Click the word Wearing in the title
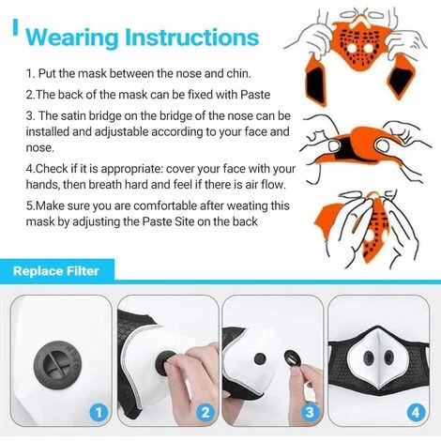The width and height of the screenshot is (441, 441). pos(72,38)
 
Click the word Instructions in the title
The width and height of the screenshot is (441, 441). pos(192,38)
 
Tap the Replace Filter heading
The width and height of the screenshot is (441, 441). pos(56,271)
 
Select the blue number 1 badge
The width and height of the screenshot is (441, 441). pos(99,412)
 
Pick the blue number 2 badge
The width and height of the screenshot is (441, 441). pos(205,412)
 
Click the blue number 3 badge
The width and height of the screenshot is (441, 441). pos(310,412)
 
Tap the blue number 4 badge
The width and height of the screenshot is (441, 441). pos(416,412)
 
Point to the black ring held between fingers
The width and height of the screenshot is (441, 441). pos(293,358)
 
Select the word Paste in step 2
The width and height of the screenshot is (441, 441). pos(255,95)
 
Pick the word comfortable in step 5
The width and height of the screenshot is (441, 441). pos(165,205)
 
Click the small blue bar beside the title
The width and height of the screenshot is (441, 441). pos(15,27)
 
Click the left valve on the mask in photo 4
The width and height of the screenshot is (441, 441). pos(369,357)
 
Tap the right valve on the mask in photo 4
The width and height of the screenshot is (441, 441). pos(388,357)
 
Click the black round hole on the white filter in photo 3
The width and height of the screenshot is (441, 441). pos(260,359)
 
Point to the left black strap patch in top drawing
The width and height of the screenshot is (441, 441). pos(314,82)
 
